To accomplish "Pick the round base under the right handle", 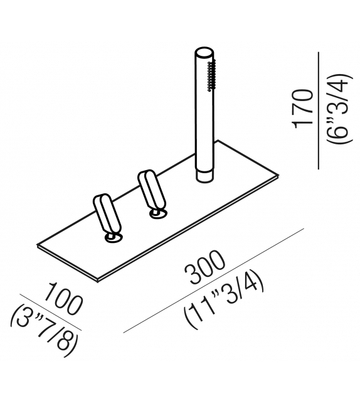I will click(159, 215).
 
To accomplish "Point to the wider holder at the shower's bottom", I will click(204, 174).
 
